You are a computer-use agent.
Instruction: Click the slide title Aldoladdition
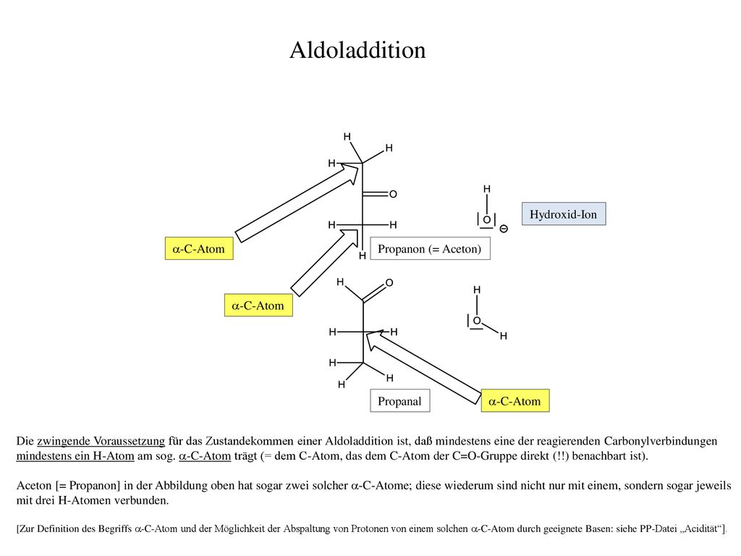pos(357,50)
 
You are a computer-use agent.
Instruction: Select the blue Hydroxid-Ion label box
pos(564,214)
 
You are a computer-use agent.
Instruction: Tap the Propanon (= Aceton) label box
pos(430,249)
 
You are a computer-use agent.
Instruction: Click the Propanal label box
pos(399,401)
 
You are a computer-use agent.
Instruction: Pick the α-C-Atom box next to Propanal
pos(515,401)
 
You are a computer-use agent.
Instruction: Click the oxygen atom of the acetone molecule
pos(393,194)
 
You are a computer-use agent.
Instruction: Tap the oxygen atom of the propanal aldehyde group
pos(389,283)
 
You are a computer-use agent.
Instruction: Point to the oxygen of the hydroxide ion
pos(487,220)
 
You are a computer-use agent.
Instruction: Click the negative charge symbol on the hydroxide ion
pos(504,229)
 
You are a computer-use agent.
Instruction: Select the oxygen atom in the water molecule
pos(477,321)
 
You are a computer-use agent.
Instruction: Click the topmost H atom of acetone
pos(347,137)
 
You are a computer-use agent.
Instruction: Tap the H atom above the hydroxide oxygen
pos(487,189)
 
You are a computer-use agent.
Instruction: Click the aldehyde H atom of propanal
pos(340,282)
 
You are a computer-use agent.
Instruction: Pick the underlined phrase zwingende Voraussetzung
pos(101,441)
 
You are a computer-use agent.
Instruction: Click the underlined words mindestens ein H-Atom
pos(75,456)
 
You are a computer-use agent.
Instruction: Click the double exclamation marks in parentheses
pos(559,456)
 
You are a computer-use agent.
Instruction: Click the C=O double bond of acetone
pos(376,194)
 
